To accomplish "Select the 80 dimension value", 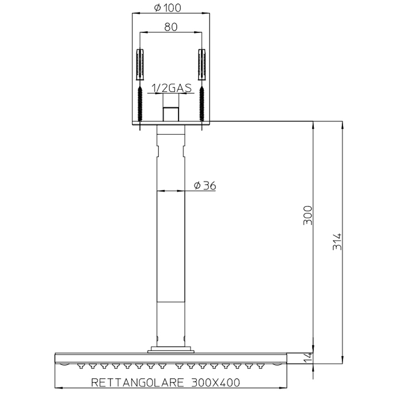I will (x=170, y=26).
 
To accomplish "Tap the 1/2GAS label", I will (x=170, y=88).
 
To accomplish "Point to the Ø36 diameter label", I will (x=205, y=185).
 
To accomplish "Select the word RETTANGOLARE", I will (x=137, y=382).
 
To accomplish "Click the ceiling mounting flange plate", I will (x=170, y=124).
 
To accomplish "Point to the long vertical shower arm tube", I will (x=170, y=242).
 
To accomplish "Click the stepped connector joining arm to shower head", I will (x=170, y=348).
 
